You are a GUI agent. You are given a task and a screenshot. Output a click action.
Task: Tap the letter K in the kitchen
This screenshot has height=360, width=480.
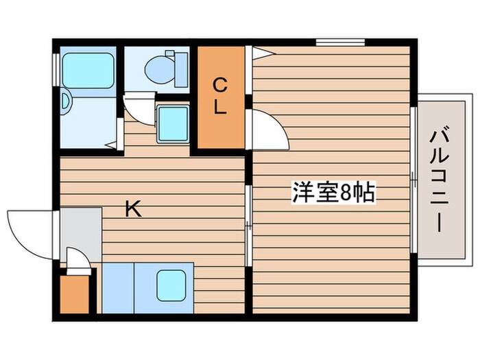pos(133,209)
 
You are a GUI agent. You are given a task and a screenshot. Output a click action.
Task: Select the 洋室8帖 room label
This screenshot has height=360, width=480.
pos(333,193)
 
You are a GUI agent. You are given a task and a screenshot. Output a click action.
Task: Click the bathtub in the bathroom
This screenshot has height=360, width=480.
pos(88,71)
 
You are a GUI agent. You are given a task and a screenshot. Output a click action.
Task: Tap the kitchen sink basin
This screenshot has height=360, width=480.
pos(171,285)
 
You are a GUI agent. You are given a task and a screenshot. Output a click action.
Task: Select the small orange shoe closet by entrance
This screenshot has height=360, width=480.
pos(75,293)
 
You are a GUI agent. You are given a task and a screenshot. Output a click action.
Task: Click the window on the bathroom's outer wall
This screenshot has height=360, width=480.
pos(56,69)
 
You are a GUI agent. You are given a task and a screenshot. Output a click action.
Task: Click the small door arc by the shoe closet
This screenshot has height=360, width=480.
pos(77,261)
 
